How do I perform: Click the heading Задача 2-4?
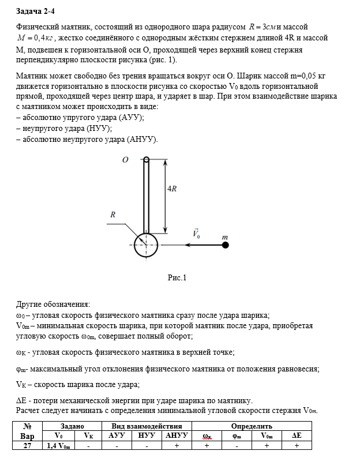click(x=35, y=11)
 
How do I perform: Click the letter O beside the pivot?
click(x=125, y=160)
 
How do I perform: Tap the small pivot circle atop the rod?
click(x=147, y=160)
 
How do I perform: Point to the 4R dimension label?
click(x=171, y=189)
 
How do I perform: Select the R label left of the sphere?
click(x=114, y=215)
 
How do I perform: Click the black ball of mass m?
click(x=226, y=245)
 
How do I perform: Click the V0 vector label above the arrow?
click(x=197, y=234)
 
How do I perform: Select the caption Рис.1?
click(x=177, y=278)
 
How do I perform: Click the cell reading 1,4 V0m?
click(x=59, y=446)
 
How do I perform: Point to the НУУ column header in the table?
click(x=147, y=436)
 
